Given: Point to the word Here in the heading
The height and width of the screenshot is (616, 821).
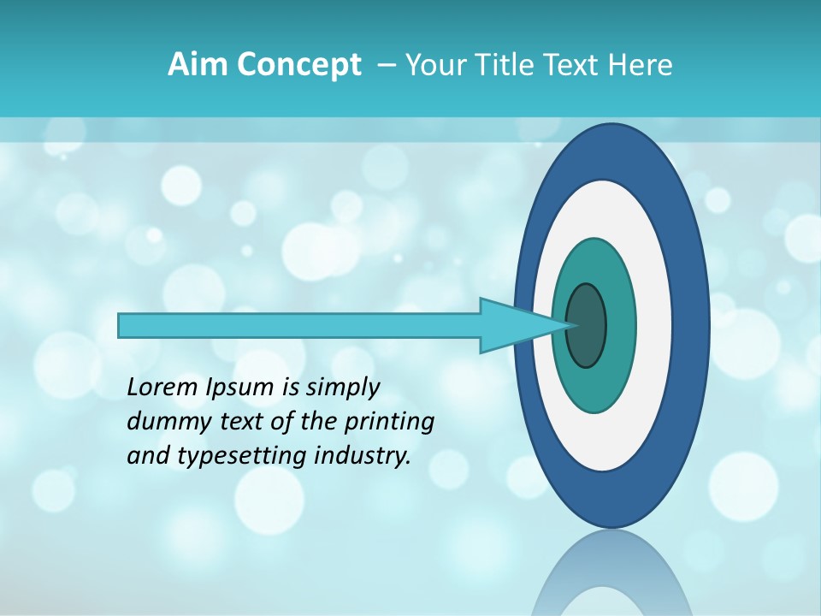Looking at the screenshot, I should pyautogui.click(x=640, y=65).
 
